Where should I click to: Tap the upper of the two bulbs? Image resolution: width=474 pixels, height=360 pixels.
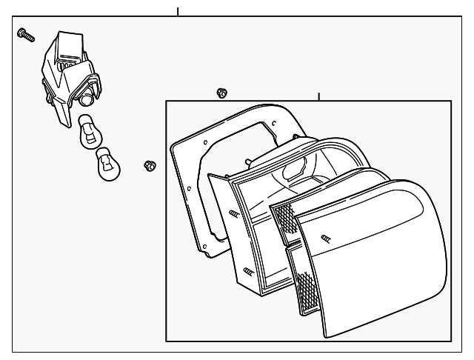pos(87,133)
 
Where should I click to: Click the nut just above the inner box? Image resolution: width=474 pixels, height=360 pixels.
pos(221,93)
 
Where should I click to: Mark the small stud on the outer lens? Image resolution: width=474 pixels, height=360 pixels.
pos(326,239)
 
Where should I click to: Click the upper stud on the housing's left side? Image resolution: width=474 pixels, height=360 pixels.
pos(233,214)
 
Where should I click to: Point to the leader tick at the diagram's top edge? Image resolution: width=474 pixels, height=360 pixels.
pos(178,11)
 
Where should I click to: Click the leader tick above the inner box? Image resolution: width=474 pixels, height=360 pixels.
pos(318,97)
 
